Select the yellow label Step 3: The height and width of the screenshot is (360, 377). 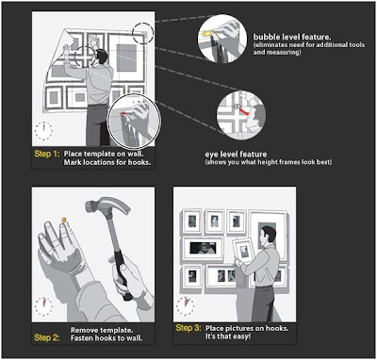coord(188,329)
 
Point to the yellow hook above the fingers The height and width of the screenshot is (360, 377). coord(64,220)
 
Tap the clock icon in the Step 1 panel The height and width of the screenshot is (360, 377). coord(43,130)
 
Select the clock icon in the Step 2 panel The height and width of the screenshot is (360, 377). coord(43,305)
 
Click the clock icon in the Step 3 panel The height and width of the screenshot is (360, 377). coord(185,305)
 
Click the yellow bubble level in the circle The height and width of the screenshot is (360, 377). coord(207,33)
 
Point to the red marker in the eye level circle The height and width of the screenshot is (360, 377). coord(244,111)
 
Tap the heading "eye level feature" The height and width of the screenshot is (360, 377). coord(236,155)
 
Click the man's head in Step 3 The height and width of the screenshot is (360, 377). coord(270,235)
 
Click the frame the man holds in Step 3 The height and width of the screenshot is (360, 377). coord(244,252)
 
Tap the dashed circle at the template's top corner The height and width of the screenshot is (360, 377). coord(143,33)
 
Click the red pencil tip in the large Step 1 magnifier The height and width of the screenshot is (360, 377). coord(123,113)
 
